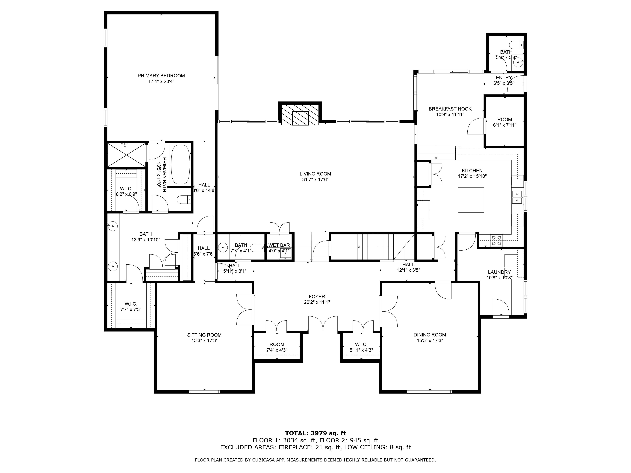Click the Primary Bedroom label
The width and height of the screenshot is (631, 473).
pos(161,76)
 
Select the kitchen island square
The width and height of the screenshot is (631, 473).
pos(471,200)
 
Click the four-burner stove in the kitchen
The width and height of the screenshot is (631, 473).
pos(496,240)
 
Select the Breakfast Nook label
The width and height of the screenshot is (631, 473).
pos(450,109)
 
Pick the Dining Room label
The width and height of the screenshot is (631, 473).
pos(430,335)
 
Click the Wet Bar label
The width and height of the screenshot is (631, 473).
pos(279,245)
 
